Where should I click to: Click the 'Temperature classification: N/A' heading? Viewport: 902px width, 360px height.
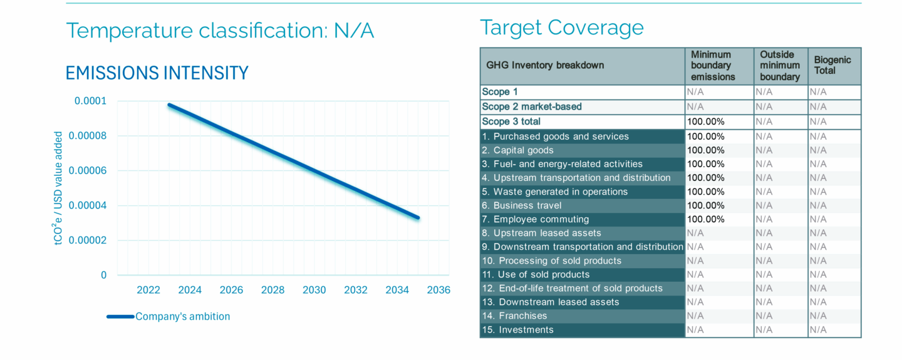[220, 30]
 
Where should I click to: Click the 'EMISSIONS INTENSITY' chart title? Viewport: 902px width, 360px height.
[157, 73]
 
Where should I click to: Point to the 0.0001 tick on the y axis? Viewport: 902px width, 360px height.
[91, 101]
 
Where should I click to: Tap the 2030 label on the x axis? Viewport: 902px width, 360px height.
[314, 290]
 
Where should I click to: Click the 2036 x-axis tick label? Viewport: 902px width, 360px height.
[438, 290]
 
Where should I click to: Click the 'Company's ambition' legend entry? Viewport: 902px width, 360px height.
[182, 316]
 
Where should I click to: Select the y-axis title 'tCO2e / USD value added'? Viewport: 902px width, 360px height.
[59, 188]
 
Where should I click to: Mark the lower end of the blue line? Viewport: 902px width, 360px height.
[418, 218]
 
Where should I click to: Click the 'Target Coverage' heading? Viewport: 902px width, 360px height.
[561, 28]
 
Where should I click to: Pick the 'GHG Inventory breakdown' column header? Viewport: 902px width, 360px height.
[545, 65]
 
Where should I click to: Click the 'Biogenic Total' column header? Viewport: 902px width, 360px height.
[832, 65]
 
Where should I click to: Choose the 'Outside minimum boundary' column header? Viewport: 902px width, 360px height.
[780, 65]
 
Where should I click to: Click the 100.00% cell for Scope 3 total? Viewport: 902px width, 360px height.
[705, 121]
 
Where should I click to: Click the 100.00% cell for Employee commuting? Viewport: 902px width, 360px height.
[705, 219]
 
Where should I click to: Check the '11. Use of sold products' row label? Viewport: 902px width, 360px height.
[536, 274]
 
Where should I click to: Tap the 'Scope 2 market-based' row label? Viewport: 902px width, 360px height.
[532, 106]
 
